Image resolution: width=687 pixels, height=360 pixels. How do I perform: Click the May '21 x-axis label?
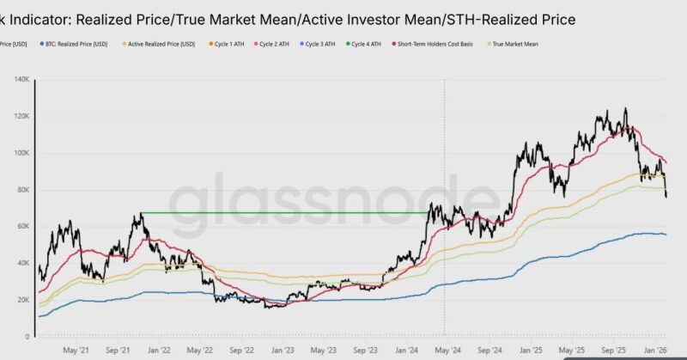point(76,350)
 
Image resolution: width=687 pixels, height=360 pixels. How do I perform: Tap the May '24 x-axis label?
point(446,350)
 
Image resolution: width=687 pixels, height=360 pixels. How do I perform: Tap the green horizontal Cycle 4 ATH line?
point(283,212)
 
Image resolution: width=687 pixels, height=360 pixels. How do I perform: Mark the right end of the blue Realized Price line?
point(666,235)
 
